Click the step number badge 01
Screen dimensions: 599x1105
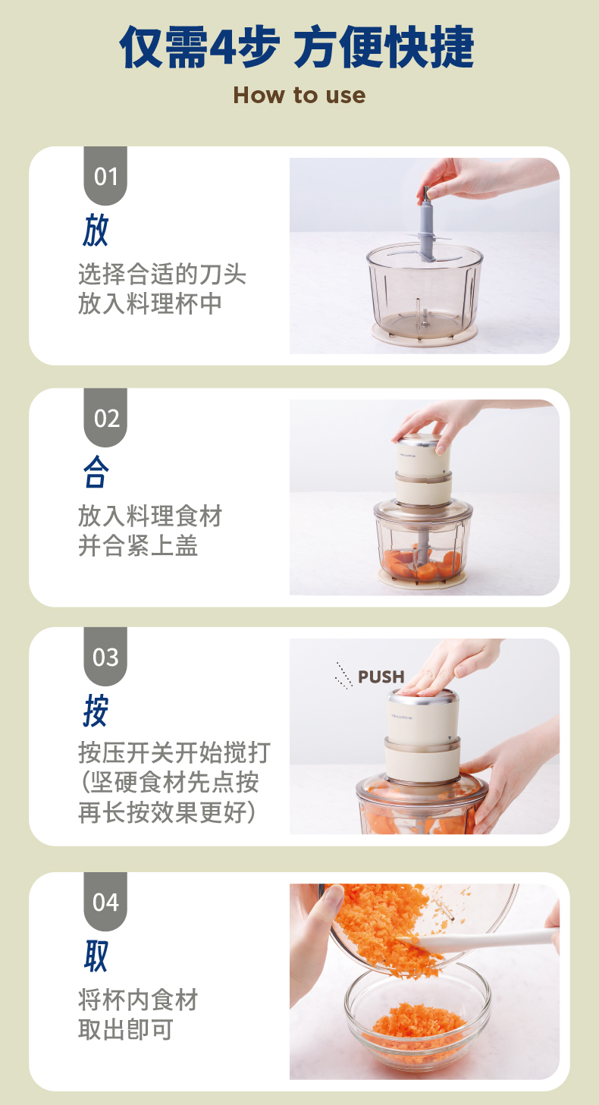tap(105, 176)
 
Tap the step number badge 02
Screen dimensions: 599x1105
tap(105, 417)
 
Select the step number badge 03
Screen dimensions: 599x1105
tap(105, 656)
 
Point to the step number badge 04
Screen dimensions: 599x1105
tap(105, 901)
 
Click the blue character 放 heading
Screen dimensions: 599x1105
tap(95, 231)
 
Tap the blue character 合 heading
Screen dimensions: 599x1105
tap(96, 472)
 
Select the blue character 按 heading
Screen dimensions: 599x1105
tap(96, 711)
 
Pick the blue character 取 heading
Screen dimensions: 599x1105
tap(96, 956)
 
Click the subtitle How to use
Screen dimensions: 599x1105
tap(299, 96)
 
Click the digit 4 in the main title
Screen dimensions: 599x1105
tap(223, 48)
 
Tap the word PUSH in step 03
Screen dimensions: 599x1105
tap(381, 676)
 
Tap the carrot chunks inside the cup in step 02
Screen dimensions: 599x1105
tap(421, 564)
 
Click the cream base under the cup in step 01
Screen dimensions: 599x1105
tap(424, 335)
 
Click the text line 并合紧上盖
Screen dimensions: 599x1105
tap(138, 546)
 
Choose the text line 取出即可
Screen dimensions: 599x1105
tap(126, 1029)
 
